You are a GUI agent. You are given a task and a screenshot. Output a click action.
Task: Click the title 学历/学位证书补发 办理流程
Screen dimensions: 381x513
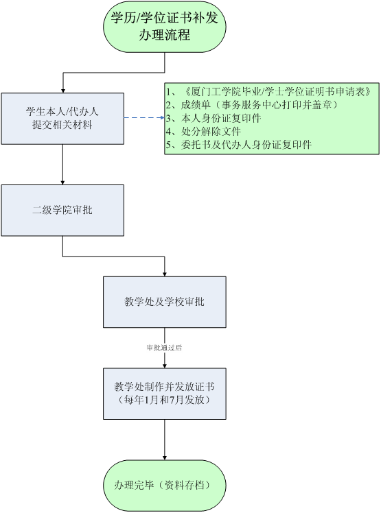(165, 27)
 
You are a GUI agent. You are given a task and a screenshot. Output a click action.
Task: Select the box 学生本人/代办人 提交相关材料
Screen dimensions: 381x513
(62, 119)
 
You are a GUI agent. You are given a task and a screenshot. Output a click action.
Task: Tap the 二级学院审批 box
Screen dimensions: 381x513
(62, 211)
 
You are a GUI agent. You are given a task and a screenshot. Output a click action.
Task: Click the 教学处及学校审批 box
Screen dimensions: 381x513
(165, 302)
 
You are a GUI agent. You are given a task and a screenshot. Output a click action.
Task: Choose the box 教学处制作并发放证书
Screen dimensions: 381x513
(165, 394)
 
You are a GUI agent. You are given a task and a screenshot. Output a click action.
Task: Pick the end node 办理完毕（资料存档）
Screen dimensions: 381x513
(165, 486)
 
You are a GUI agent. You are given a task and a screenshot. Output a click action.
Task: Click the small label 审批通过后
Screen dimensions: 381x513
(165, 348)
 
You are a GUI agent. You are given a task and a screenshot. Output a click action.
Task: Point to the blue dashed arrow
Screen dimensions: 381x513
(144, 117)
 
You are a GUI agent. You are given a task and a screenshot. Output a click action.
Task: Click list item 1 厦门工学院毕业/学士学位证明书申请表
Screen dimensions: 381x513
(268, 92)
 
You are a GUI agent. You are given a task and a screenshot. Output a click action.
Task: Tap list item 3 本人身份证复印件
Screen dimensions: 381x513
(213, 118)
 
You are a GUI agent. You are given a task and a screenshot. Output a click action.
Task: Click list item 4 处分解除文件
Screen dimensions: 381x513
(203, 131)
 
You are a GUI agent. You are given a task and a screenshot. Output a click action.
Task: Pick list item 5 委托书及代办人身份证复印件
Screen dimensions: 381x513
(239, 144)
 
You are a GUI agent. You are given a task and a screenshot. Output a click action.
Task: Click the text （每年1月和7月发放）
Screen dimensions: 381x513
(164, 400)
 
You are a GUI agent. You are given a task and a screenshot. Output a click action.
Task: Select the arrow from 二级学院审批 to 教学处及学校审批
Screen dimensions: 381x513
(113, 256)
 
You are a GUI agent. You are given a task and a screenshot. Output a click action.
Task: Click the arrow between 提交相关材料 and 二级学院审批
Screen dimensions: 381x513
(62, 165)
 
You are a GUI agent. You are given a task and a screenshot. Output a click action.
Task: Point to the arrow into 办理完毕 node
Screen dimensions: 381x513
(165, 440)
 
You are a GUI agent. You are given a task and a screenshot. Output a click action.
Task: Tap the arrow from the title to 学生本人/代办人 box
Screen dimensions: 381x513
(113, 73)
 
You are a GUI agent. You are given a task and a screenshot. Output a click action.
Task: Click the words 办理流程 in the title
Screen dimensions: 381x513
(165, 35)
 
